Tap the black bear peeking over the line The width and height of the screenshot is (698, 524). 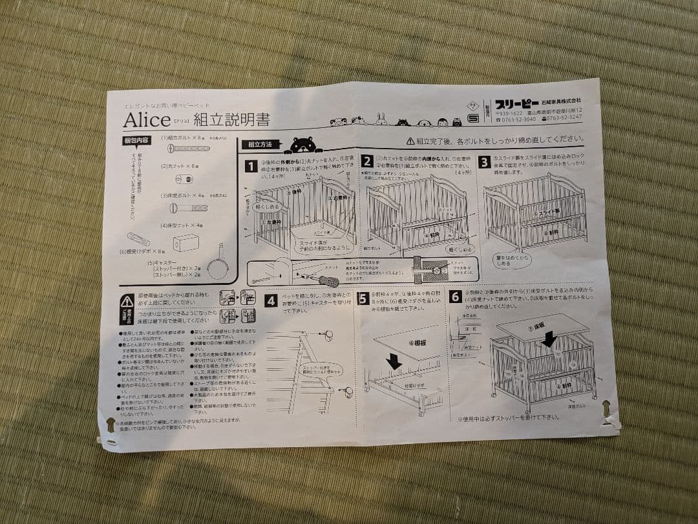303,144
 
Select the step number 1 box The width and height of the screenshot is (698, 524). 251,165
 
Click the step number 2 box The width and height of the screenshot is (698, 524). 367,162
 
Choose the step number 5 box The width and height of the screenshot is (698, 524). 363,298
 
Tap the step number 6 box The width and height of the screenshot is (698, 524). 456,297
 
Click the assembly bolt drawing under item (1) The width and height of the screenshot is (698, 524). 189,149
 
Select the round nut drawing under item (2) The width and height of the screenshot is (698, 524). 183,178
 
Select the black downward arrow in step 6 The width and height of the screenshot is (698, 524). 549,339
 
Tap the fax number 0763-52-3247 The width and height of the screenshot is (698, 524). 562,118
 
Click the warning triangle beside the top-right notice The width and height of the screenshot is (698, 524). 410,140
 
